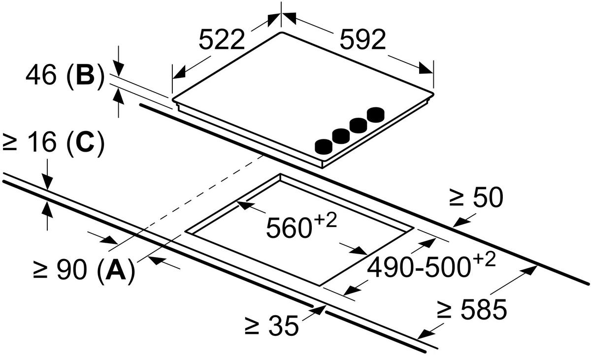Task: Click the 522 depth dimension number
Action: [x=222, y=39]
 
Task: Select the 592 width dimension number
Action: [x=363, y=39]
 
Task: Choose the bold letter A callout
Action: [x=116, y=269]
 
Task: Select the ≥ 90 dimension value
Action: [x=60, y=269]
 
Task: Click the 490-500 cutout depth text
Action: [x=419, y=268]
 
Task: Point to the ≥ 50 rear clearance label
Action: [x=476, y=197]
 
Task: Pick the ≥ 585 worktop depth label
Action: [x=472, y=309]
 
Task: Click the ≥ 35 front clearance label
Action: [x=272, y=326]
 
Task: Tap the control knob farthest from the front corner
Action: [x=376, y=115]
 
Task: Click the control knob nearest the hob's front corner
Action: [x=324, y=147]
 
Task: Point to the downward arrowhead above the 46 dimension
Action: [x=119, y=68]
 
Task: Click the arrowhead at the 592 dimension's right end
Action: [x=426, y=68]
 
